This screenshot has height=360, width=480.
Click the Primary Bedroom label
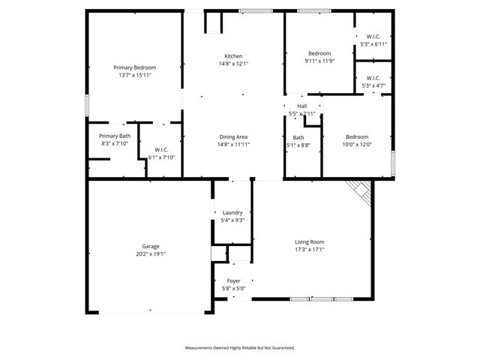(x=135, y=67)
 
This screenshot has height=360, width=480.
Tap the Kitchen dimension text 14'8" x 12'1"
(x=233, y=64)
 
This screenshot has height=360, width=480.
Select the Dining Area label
(x=233, y=136)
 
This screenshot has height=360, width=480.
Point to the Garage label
(x=151, y=246)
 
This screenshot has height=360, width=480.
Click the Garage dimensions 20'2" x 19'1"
(x=151, y=253)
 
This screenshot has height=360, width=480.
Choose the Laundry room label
(x=232, y=212)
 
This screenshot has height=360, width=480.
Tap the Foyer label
(x=233, y=280)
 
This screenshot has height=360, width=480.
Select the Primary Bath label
(x=115, y=136)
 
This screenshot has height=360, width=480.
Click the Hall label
(x=301, y=106)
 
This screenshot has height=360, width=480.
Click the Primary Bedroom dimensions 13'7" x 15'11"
(x=135, y=75)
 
